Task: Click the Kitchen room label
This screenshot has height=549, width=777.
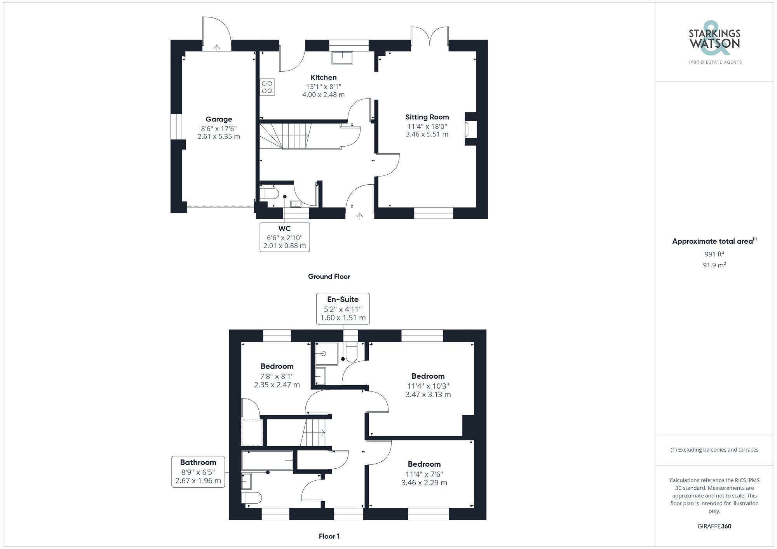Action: [x=323, y=78]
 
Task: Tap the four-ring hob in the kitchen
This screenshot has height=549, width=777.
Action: [x=267, y=87]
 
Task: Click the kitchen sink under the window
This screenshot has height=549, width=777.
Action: [x=342, y=58]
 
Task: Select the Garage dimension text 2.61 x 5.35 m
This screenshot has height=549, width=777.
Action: [x=219, y=137]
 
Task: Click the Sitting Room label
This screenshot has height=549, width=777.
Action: [x=427, y=117]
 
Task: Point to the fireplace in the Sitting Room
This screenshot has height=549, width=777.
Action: [x=468, y=129]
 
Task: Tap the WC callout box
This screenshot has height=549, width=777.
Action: [x=285, y=237]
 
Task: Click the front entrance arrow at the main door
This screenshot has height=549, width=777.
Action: [x=360, y=216]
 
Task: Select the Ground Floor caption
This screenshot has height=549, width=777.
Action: [x=329, y=277]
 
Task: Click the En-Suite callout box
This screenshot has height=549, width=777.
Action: [x=343, y=308]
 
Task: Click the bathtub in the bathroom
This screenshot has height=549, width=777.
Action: [x=267, y=460]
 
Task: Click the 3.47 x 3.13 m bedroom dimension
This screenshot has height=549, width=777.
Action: [x=428, y=395]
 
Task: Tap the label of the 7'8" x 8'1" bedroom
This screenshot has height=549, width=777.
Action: [x=277, y=366]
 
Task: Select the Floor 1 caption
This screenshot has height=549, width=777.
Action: [x=329, y=536]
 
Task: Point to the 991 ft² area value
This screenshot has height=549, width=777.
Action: [x=714, y=254]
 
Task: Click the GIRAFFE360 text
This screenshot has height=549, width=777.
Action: [x=714, y=526]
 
